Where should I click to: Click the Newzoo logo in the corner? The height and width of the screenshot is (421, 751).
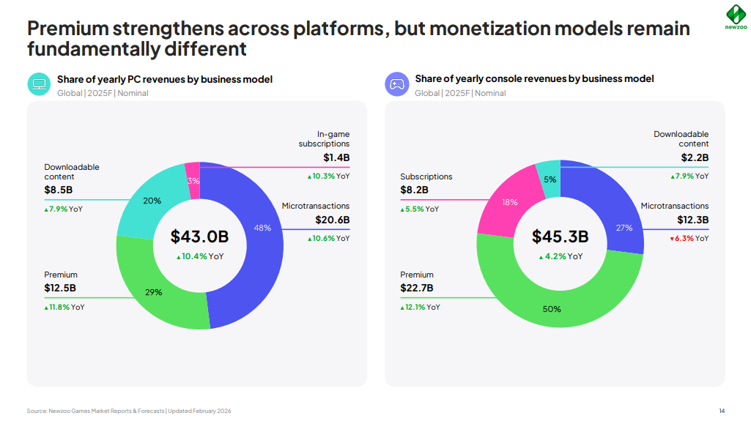[x=735, y=15]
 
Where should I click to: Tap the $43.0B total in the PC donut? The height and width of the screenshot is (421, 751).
[x=199, y=236]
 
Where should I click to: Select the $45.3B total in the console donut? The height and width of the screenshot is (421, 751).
[x=560, y=236]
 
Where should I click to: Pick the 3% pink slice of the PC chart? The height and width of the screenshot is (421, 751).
[x=193, y=180]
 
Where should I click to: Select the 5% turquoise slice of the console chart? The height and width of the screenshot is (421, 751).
[x=549, y=180]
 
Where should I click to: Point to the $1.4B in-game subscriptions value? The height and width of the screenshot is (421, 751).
[x=336, y=157]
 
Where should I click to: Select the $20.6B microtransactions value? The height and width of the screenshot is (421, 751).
[x=333, y=220]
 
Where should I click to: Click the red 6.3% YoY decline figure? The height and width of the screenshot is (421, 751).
[x=684, y=238]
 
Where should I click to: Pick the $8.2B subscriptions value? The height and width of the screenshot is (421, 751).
[x=414, y=190]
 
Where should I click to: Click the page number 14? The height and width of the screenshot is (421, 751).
[x=722, y=411]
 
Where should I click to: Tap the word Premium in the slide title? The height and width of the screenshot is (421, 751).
[x=69, y=29]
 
